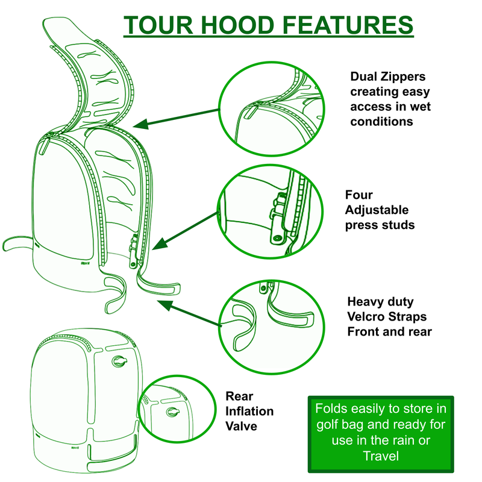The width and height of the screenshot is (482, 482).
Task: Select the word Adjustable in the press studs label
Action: coord(377,210)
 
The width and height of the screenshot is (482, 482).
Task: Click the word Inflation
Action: coord(249,412)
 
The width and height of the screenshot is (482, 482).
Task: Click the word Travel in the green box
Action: coord(381,456)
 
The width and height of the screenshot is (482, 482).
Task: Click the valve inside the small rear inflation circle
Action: coord(173,411)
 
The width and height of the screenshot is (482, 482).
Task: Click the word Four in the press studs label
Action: coord(359,195)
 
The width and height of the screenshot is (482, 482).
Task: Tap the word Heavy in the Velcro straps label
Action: coord(365,301)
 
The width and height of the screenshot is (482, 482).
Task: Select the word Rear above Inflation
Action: coord(239,396)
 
